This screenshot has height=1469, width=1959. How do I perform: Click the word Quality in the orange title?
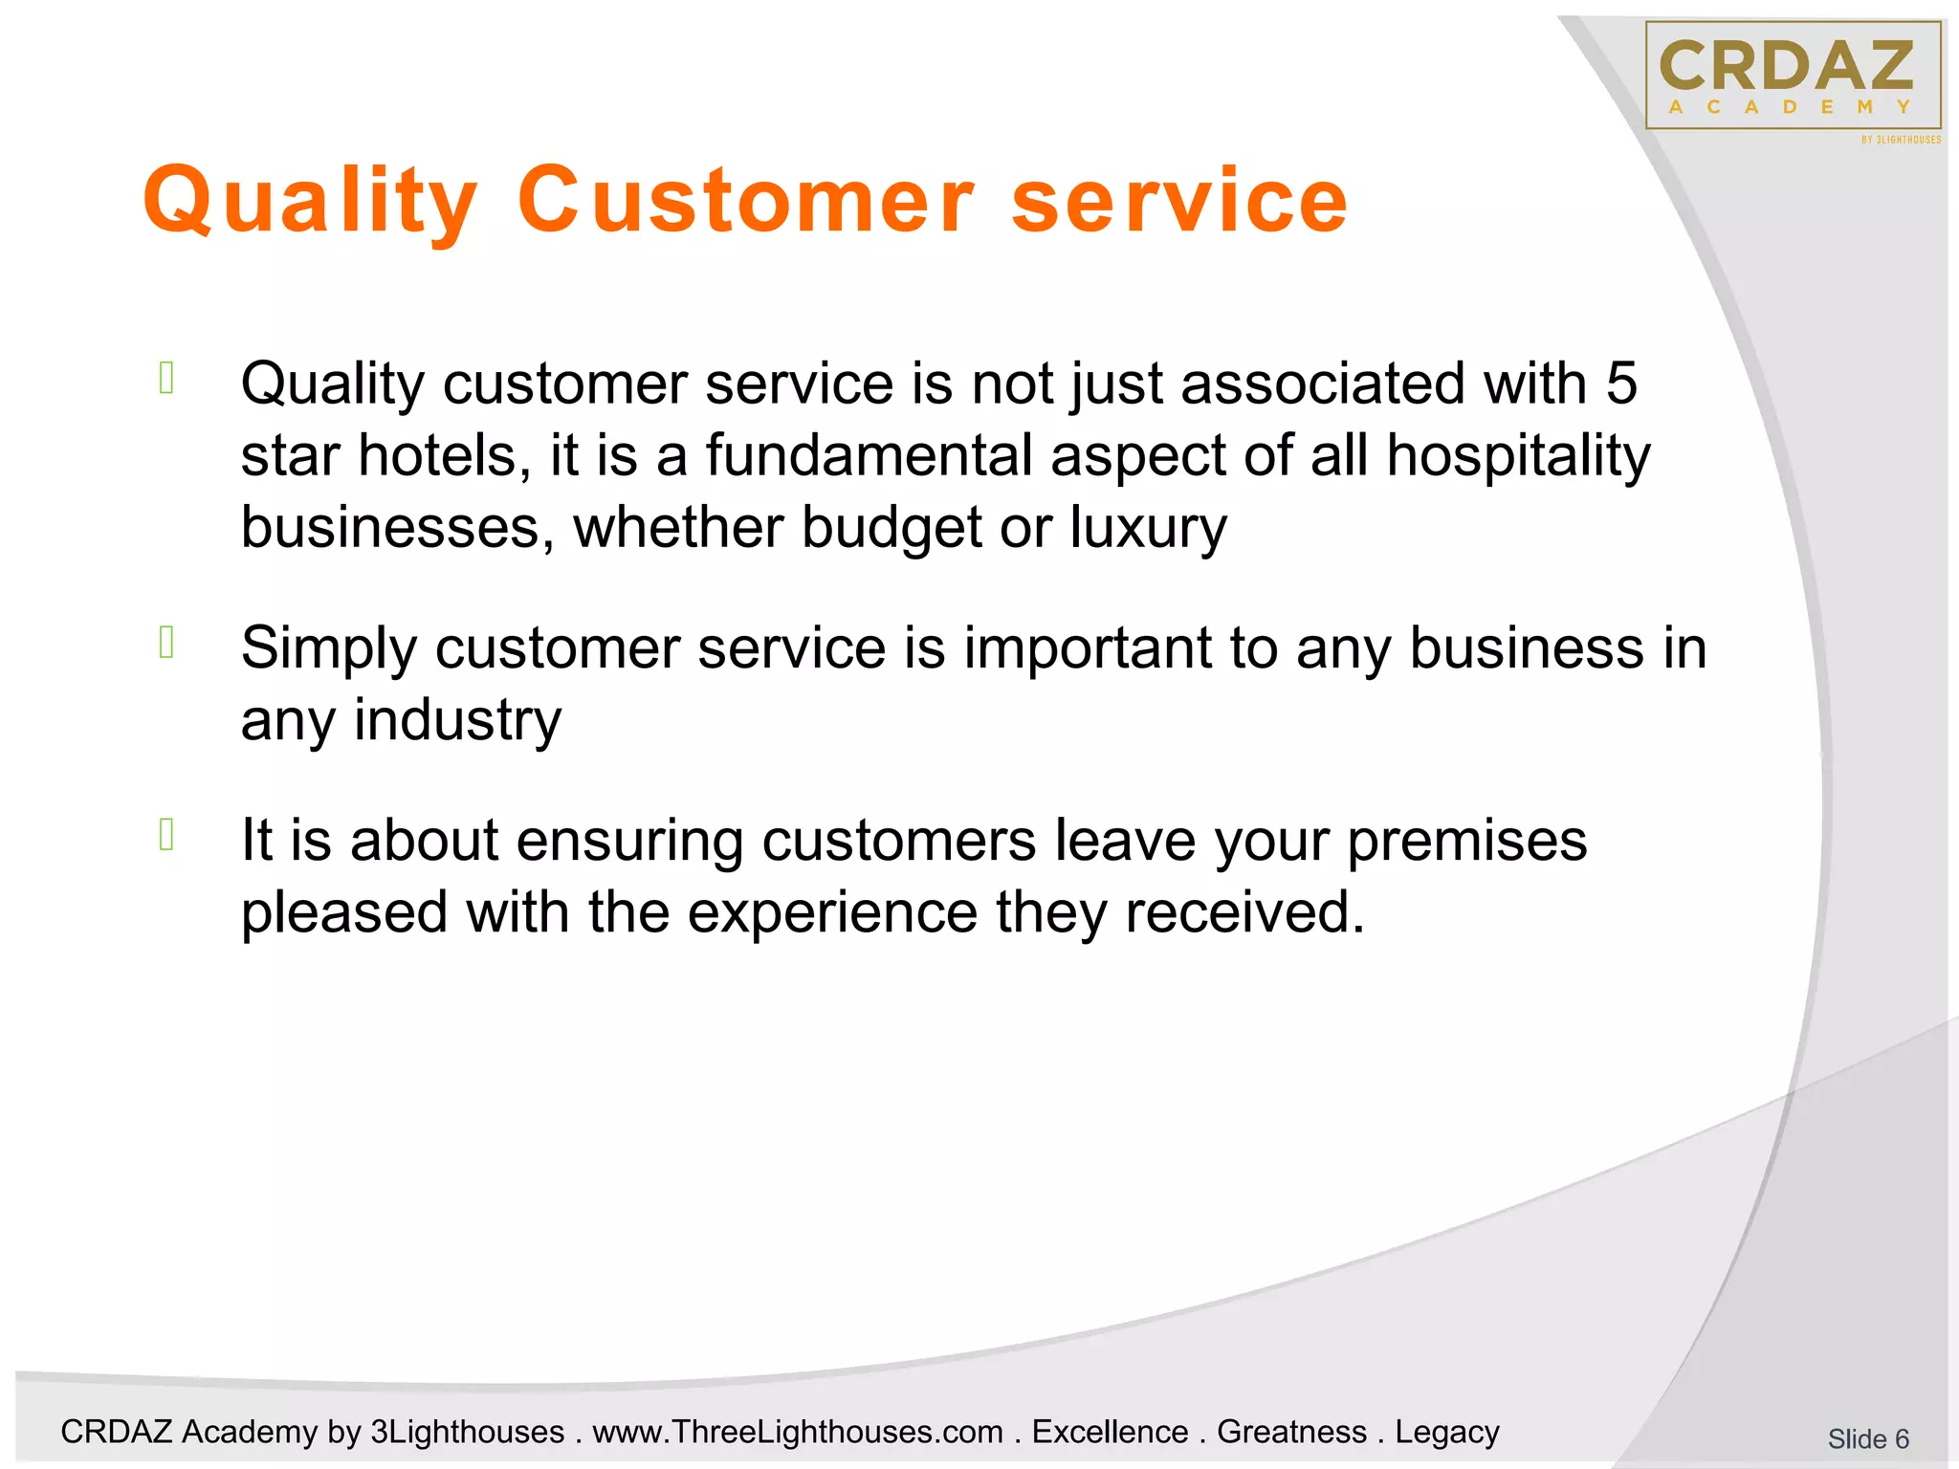[x=309, y=201]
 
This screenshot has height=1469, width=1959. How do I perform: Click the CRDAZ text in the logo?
[x=1786, y=65]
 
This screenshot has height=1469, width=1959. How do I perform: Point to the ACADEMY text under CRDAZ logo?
[x=1790, y=107]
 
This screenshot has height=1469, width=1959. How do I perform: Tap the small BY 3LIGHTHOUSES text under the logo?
[x=1901, y=140]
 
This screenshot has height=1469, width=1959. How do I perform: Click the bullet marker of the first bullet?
[x=166, y=379]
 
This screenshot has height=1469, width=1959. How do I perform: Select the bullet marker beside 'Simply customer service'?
[x=166, y=643]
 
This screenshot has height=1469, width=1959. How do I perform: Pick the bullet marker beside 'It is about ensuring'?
[x=166, y=835]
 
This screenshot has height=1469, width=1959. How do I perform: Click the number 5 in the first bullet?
[x=1620, y=384]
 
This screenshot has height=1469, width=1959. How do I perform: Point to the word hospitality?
[x=1518, y=455]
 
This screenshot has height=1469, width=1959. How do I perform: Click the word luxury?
[x=1147, y=528]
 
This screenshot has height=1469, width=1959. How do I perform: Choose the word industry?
[x=457, y=720]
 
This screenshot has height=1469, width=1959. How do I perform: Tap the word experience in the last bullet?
[x=832, y=912]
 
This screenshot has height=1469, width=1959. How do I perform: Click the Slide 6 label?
[x=1867, y=1438]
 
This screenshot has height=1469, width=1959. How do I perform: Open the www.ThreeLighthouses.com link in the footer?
[x=797, y=1432]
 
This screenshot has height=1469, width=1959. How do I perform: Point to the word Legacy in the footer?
[x=1446, y=1432]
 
